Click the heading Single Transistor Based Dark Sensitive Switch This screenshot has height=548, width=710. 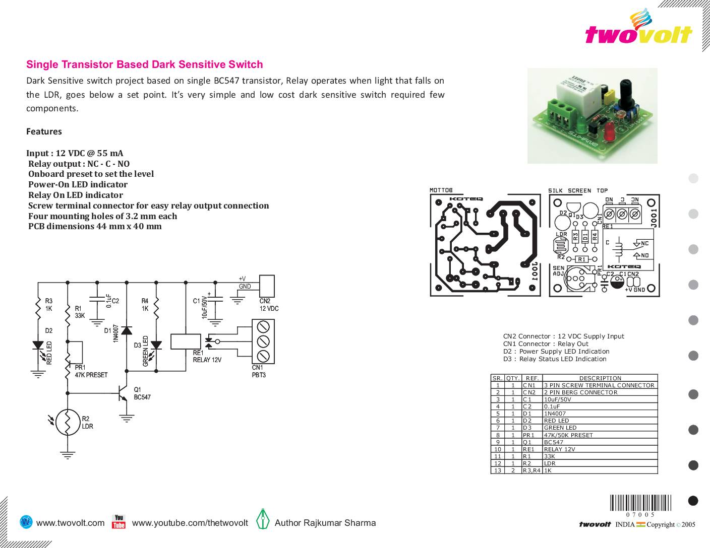[144, 64]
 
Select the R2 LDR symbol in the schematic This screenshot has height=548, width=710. [67, 422]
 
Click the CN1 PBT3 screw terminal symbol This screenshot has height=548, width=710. [263, 341]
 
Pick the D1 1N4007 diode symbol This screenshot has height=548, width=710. [126, 330]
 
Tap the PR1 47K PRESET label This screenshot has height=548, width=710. [91, 371]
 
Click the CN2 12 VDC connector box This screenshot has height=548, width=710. [267, 286]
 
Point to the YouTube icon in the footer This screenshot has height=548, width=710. [119, 522]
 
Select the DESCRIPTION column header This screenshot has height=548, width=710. [600, 378]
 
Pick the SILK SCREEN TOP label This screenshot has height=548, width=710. [578, 190]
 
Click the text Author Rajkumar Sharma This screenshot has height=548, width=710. [325, 523]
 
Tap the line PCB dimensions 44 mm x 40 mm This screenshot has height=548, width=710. [95, 226]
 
